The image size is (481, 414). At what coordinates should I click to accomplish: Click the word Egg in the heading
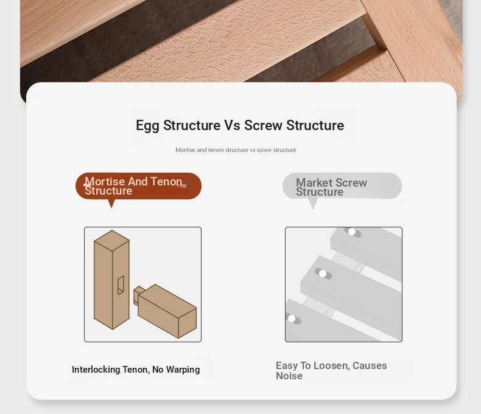(147, 126)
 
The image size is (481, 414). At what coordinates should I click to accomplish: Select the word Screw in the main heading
(263, 125)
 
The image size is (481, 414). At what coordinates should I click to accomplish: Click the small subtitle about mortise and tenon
(236, 150)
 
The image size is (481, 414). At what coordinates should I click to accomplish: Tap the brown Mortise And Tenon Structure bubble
(138, 186)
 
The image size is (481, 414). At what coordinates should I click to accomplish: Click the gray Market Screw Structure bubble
(342, 186)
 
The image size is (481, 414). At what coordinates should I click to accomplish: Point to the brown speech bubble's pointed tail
(111, 204)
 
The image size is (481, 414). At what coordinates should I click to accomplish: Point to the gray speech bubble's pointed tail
(312, 204)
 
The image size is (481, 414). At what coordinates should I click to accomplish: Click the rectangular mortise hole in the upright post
(121, 285)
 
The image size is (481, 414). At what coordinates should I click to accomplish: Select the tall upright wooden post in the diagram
(111, 280)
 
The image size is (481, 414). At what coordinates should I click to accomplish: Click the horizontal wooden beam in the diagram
(167, 311)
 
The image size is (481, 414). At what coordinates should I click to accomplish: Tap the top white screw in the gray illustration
(352, 232)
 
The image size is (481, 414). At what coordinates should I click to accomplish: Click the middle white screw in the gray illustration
(323, 274)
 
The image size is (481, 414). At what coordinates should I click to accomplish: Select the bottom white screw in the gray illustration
(292, 319)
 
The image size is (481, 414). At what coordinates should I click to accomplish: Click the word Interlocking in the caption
(96, 370)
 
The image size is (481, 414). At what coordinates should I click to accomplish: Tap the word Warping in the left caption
(183, 370)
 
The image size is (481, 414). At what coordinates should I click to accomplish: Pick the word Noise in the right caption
(289, 376)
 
